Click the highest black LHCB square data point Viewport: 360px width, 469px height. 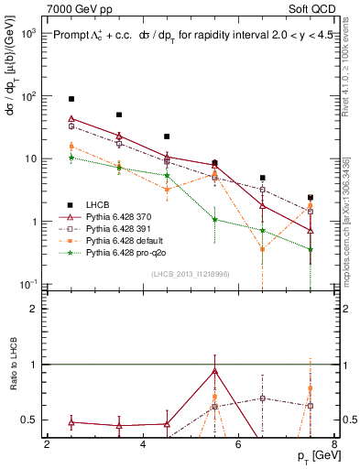[x=71, y=98]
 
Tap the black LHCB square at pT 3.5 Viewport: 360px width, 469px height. [x=119, y=115]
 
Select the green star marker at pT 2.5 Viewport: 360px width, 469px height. [x=71, y=158]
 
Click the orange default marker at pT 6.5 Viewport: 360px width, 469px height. [x=263, y=248]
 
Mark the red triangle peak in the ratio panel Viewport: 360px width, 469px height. [x=214, y=371]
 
